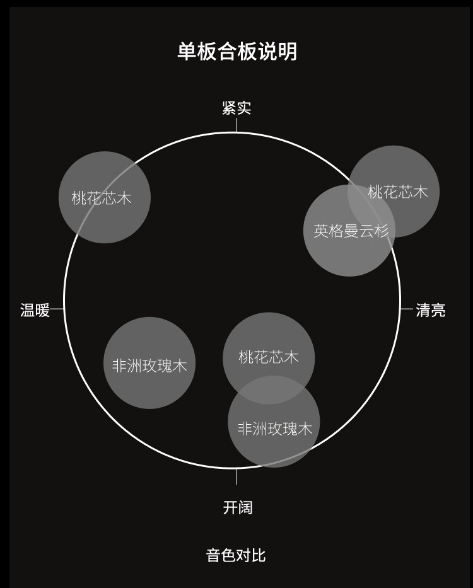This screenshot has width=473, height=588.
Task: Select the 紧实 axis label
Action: point(237,108)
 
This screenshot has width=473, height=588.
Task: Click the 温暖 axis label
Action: point(35,310)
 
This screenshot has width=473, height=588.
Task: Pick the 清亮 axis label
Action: point(431,310)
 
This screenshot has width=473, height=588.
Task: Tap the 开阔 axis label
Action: point(238,507)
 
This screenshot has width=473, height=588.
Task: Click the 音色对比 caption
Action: point(236,555)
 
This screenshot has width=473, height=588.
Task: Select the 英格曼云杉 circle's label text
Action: point(351,231)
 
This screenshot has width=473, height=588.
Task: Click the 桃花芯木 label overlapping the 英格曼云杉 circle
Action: point(398,192)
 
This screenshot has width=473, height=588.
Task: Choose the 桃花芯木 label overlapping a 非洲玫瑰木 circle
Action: point(269,357)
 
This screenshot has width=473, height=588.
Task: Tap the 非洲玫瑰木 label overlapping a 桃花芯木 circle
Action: point(275,429)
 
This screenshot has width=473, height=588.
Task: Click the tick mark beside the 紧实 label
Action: point(237,124)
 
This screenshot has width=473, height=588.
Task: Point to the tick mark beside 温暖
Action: point(57,309)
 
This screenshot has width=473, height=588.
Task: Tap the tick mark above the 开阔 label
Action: point(237,476)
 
